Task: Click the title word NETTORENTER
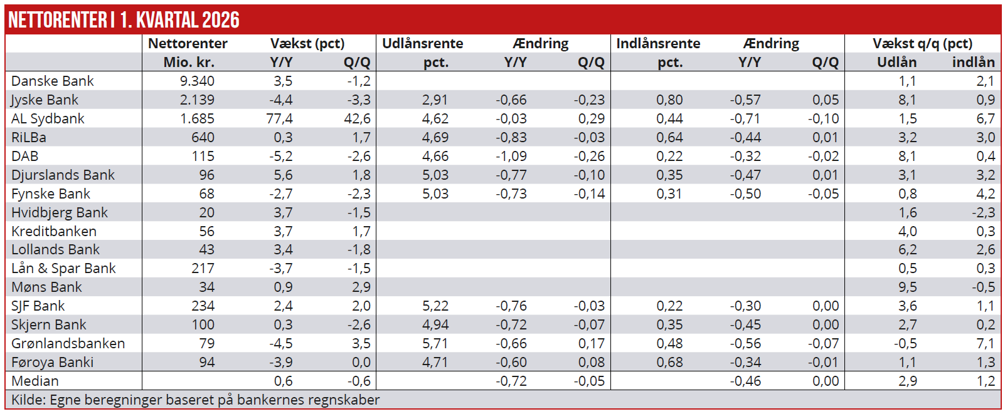pos(58,20)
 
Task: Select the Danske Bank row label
pos(53,81)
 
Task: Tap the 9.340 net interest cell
pos(197,81)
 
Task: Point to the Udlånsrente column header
pos(422,43)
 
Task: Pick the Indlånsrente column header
pos(657,43)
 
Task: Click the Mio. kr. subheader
pos(189,62)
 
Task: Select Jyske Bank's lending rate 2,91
pos(435,100)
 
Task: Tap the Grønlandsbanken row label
pos(68,344)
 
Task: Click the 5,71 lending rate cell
pos(435,344)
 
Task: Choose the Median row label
pos(35,381)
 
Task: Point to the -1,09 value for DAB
pos(511,157)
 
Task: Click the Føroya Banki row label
pos(53,363)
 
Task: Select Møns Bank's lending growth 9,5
pos(908,287)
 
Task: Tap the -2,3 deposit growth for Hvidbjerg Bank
pos(984,212)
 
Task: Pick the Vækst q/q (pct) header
pos(922,44)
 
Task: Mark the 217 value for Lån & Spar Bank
pos(203,269)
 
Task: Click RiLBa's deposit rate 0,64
pos(669,138)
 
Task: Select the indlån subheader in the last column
pos(974,62)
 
